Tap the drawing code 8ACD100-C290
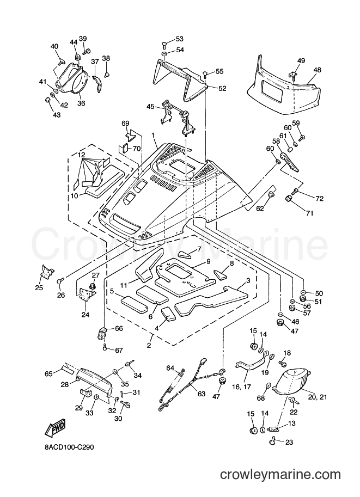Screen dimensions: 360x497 [70, 447]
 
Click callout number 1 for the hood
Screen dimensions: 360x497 [153, 136]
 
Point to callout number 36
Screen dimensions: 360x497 [81, 103]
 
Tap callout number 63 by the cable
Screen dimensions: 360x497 [202, 394]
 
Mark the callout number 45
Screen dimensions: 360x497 [150, 107]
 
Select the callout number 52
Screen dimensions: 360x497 [222, 88]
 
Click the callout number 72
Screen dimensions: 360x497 [319, 199]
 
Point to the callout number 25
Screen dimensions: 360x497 [40, 287]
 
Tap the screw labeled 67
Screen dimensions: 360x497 [105, 348]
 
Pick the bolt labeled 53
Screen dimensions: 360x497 [164, 44]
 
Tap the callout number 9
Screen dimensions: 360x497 [209, 261]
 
